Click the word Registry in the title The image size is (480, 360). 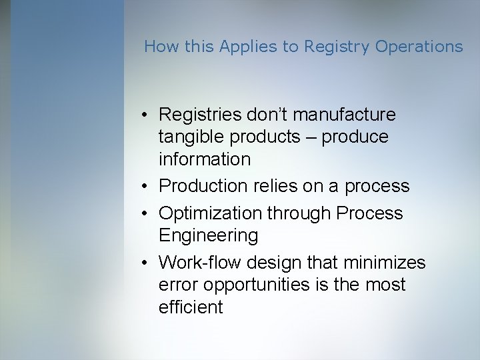337,47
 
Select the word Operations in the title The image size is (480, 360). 419,47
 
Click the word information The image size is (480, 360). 205,159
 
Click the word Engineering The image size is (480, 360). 208,235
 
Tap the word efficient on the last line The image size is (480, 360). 191,307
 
